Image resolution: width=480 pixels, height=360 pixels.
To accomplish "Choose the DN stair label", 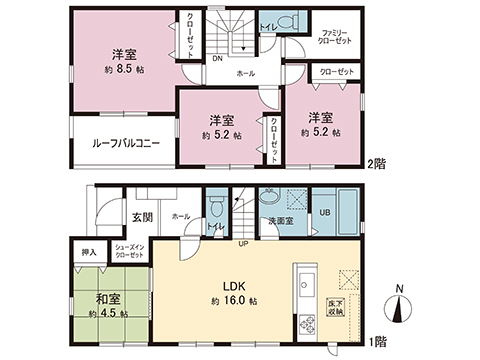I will (x=217, y=59).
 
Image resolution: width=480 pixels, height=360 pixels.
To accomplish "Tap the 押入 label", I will (x=88, y=252).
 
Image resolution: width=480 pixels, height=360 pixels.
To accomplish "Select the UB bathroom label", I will (x=324, y=213).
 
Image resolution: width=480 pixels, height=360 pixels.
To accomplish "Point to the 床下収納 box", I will (x=336, y=306).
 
